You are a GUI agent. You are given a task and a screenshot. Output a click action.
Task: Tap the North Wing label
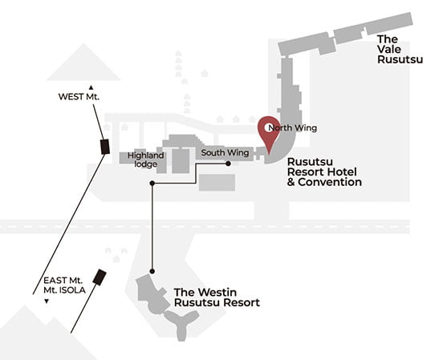click(292, 128)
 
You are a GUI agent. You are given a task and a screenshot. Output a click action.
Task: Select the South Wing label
click(225, 153)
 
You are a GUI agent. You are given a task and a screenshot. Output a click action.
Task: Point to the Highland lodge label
click(145, 160)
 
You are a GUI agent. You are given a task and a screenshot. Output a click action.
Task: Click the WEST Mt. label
click(79, 96)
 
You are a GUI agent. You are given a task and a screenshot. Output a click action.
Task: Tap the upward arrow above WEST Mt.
click(91, 87)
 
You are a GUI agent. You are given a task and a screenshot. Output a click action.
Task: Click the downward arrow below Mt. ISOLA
click(47, 301)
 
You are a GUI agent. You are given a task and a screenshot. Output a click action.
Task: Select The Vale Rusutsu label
click(400, 50)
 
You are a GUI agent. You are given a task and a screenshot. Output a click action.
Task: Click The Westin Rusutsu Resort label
click(217, 297)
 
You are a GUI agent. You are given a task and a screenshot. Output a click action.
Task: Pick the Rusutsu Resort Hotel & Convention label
click(324, 172)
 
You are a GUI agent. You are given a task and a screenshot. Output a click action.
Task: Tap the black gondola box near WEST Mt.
click(105, 147)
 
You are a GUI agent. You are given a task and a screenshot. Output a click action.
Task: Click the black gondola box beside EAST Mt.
click(100, 277)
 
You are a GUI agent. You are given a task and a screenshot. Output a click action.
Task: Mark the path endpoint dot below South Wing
click(228, 164)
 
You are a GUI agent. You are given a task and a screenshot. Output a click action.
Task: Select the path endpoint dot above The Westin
click(152, 271)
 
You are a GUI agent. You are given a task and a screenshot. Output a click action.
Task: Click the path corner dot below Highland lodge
click(152, 184)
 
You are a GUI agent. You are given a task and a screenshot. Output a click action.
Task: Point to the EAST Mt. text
click(63, 281)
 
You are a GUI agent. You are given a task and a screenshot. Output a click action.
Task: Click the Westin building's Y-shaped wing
click(181, 323)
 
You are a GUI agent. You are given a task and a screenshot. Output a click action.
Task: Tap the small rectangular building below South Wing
click(217, 182)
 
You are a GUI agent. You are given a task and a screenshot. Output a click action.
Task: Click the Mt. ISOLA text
click(64, 290)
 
